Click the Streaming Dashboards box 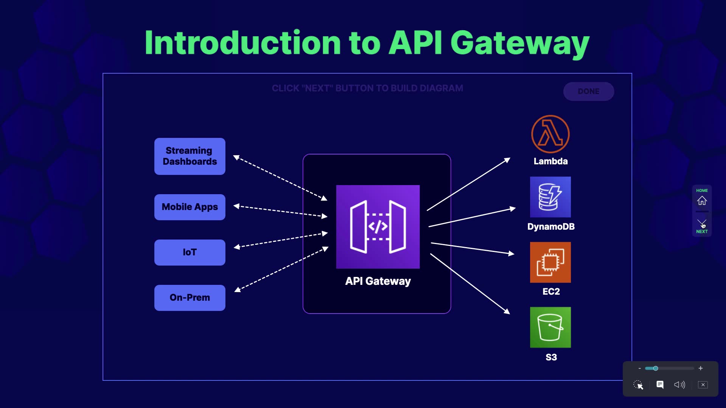[x=190, y=156]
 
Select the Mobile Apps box [x=190, y=207]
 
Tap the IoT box [x=190, y=252]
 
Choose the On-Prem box [x=190, y=298]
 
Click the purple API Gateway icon [x=378, y=227]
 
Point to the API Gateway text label [x=378, y=281]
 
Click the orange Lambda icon [x=550, y=134]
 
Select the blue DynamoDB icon [x=550, y=197]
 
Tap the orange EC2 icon [x=550, y=262]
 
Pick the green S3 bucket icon [x=550, y=327]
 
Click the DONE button [x=588, y=91]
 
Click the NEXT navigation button [x=702, y=226]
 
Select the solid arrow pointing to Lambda [x=469, y=184]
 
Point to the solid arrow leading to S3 [x=470, y=283]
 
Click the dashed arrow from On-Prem [x=282, y=269]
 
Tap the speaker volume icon [x=679, y=385]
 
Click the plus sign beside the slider [x=701, y=368]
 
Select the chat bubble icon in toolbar [x=660, y=385]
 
